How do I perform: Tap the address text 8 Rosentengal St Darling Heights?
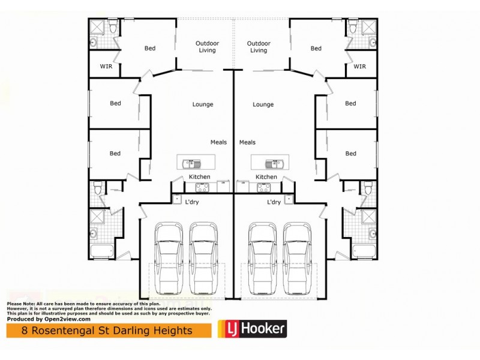tap(107, 331)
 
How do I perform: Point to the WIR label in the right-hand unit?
tap(359, 67)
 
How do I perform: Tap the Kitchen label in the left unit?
tap(199, 177)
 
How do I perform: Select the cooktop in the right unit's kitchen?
tap(263, 187)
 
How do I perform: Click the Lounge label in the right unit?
tap(263, 104)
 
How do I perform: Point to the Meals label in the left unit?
tap(218, 142)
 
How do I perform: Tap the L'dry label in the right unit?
tap(274, 202)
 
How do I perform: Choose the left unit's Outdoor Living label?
tap(203, 47)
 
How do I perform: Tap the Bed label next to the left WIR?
tap(150, 49)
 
